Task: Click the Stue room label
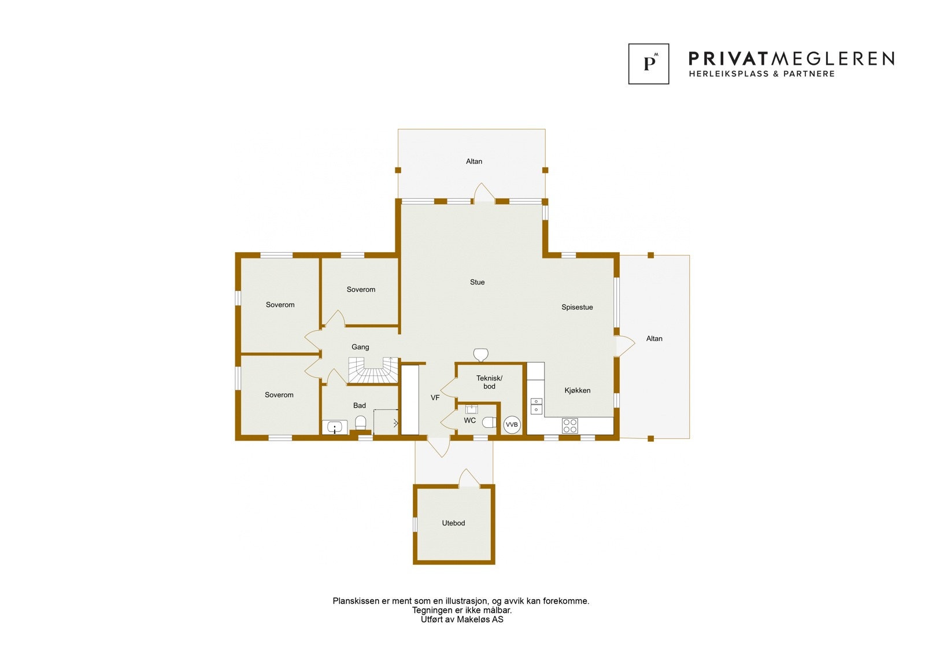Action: tap(477, 282)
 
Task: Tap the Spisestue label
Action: tap(577, 307)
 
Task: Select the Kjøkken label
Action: tap(577, 390)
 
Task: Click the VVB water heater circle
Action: tap(512, 425)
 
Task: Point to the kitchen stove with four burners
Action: tap(569, 426)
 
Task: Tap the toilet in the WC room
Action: tap(490, 423)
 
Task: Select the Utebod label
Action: tap(453, 523)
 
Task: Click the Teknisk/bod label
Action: tap(489, 382)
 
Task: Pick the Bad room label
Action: tap(360, 405)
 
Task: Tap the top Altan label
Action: tap(474, 161)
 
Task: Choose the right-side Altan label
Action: tap(654, 339)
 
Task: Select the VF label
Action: tap(435, 398)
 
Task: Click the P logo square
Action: tap(649, 64)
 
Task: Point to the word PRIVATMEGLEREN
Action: tap(791, 58)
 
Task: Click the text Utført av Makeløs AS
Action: tap(461, 619)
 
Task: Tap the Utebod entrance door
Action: tap(469, 479)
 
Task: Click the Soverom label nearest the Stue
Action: tap(361, 290)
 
